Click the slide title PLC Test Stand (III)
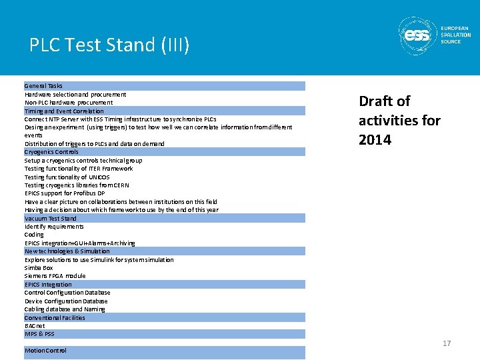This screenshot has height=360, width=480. point(109,45)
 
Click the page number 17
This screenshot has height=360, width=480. point(447,343)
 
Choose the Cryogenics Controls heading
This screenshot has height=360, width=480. point(51,152)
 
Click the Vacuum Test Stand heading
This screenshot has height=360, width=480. point(51,218)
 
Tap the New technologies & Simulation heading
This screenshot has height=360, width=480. point(67,251)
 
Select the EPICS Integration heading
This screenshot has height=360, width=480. point(48,284)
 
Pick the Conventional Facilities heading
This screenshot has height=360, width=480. point(55,317)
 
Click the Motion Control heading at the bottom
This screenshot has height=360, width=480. point(45,351)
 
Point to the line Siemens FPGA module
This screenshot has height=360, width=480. point(55,276)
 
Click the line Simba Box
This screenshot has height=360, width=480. point(39,268)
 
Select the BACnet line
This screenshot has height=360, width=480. point(35,326)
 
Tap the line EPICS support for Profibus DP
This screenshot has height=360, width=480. point(65,193)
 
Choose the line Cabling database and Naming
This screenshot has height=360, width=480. point(65,309)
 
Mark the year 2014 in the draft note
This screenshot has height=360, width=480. point(375,140)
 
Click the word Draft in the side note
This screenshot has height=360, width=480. point(375,101)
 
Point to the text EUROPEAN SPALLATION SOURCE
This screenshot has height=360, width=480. point(455,35)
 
